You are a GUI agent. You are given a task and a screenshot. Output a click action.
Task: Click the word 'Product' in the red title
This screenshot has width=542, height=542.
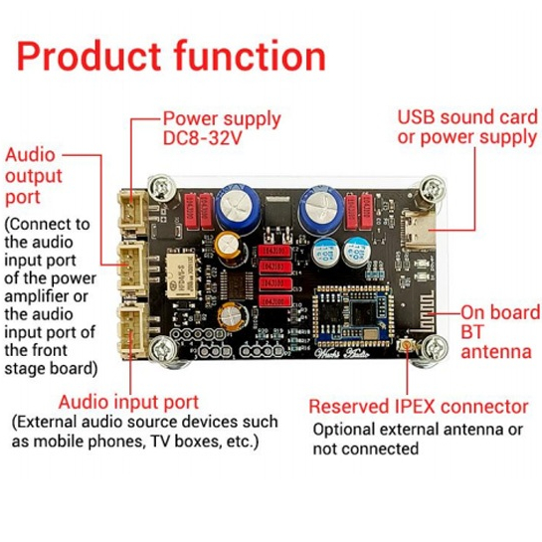click(x=89, y=56)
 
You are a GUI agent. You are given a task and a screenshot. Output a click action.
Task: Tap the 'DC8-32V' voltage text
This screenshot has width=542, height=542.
click(x=202, y=138)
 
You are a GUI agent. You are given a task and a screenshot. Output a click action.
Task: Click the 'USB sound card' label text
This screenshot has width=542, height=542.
click(x=467, y=117)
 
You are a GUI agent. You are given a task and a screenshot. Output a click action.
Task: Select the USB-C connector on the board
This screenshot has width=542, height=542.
click(x=419, y=230)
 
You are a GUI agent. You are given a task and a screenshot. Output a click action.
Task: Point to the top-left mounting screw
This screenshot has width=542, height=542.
click(x=161, y=188)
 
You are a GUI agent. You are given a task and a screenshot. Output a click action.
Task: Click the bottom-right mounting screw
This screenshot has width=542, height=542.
click(x=435, y=348)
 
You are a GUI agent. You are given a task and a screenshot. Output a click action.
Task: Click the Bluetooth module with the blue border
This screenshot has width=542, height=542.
click(x=354, y=315)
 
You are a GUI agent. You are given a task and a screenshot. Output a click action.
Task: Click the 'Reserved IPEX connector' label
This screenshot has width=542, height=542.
click(x=419, y=407)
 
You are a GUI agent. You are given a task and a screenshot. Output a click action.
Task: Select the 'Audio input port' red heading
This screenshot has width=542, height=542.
click(x=128, y=403)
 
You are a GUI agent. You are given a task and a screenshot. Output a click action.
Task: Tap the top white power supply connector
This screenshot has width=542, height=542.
click(x=133, y=212)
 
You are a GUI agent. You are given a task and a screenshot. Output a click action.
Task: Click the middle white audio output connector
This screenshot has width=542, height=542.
click(x=133, y=270)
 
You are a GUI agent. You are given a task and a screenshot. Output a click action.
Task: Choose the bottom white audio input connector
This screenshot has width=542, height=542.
click(x=133, y=331)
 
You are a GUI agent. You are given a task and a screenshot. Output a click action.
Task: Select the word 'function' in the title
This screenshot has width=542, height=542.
click(x=250, y=56)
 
